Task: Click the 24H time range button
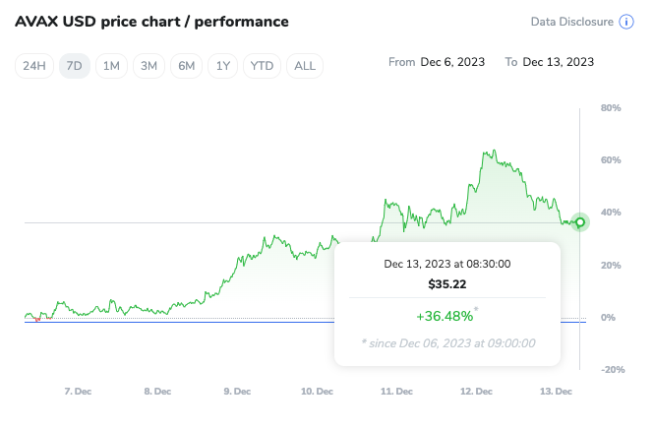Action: pos(34,66)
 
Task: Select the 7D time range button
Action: pos(74,66)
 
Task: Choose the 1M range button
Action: pos(111,66)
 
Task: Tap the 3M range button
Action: pos(148,66)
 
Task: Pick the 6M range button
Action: pos(186,66)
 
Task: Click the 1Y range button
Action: pos(223,66)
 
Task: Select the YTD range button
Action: pos(263,66)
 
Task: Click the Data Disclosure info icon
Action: pos(625,22)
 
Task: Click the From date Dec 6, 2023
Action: pos(452,62)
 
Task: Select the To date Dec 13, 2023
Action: pos(558,62)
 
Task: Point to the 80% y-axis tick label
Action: pos(610,107)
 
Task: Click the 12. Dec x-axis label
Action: pos(476,392)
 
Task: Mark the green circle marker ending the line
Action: pos(580,222)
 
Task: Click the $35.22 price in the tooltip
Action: pos(446,283)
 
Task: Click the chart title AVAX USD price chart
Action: pos(151,22)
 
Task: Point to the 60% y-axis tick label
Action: pos(610,159)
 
